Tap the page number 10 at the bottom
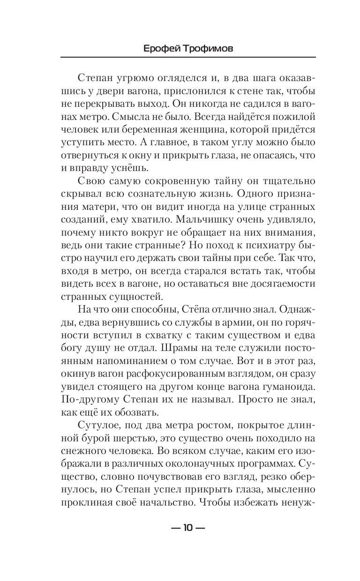coord(187,528)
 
